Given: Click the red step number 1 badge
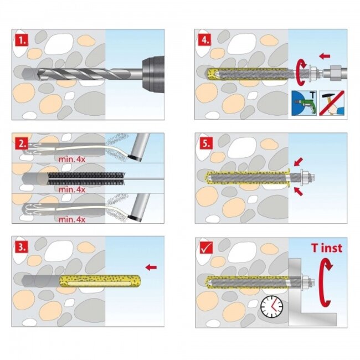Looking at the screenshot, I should (x=20, y=39).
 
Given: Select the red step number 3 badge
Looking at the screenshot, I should (x=20, y=245).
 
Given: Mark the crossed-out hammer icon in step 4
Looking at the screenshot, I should (x=332, y=103).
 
